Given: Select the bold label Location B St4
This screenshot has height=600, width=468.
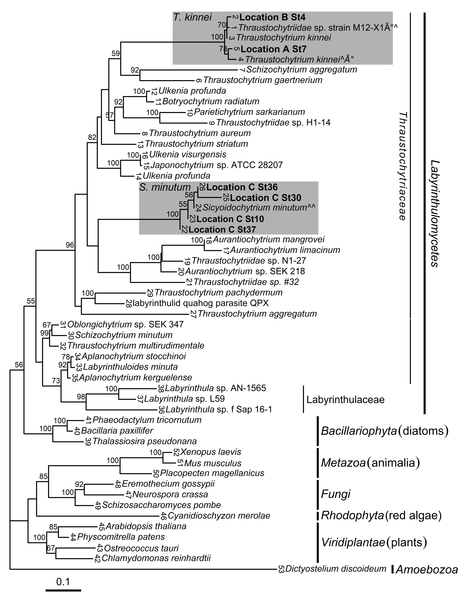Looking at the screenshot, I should coord(272,17).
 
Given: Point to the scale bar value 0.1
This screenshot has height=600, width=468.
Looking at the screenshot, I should coord(63,582).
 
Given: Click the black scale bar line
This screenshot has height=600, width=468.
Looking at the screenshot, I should coord(63,590).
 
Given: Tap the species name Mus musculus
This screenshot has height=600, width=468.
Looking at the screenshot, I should coord(213,463).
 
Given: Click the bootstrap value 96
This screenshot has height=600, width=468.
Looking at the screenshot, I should coord(70,245).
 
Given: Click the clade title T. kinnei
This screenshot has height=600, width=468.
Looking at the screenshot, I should coord(192,17).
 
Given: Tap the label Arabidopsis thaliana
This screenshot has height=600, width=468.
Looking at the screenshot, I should coord(146,526).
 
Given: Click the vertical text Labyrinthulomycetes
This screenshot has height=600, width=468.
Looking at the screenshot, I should coord(434,213).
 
